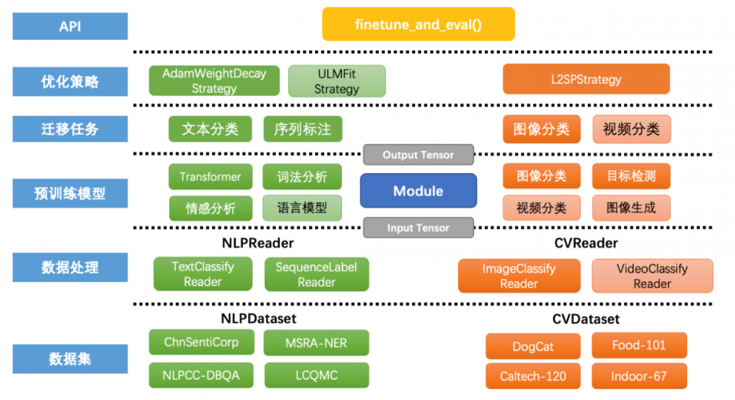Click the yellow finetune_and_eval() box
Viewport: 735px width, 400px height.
point(418,25)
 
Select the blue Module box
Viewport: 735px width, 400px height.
point(418,191)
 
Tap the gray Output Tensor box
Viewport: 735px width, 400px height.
point(418,155)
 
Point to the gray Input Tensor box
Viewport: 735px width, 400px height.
point(418,228)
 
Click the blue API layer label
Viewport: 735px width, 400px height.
point(70,27)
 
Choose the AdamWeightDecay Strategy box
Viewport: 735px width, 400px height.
point(214,81)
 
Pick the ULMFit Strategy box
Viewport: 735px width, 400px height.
point(337,81)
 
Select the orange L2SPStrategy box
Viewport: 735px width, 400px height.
point(586,80)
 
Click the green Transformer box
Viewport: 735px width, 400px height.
point(210,177)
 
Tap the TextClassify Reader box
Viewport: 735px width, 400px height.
point(203,274)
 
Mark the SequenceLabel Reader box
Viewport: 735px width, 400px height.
point(316,274)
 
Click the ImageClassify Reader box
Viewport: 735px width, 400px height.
point(519,276)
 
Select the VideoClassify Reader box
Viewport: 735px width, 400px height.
point(652,276)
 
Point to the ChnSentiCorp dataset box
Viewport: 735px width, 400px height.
point(201,342)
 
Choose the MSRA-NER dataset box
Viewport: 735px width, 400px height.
point(316,342)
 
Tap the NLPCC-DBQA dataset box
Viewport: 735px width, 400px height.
point(201,375)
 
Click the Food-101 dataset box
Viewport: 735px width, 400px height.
point(639,345)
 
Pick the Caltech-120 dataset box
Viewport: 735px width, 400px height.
point(533,376)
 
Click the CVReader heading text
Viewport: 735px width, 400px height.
point(586,243)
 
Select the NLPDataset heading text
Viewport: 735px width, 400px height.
point(258,319)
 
